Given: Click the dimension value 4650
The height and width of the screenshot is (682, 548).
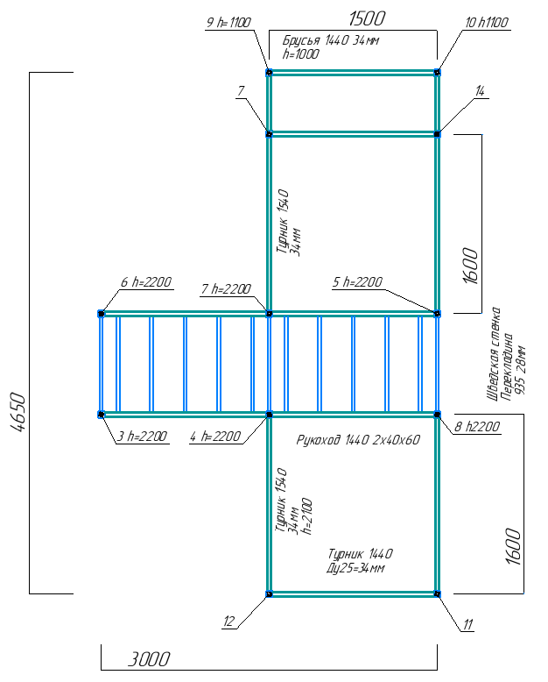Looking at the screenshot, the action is pos(18,412).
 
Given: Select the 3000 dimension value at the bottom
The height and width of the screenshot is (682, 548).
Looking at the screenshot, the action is pos(149,659).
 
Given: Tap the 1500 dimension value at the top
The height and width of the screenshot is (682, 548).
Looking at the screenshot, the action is pos(367,18).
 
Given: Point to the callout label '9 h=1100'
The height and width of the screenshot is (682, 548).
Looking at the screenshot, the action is pos(228,23).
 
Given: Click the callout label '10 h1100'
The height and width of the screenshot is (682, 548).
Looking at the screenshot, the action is pos(487,23).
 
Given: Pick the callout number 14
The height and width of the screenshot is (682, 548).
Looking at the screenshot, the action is pos(480,91).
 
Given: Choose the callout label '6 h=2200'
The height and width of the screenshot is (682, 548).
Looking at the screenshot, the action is pos(146,282).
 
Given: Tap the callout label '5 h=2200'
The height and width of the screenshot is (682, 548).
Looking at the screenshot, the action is pos(357,282).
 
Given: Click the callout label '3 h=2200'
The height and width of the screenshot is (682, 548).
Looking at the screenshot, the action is pos(142,436).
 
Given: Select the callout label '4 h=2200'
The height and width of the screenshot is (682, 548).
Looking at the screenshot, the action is pos(215,436).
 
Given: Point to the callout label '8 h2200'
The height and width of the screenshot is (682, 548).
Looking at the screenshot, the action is pos(477,427).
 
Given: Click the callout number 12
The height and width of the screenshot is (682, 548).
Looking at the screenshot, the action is pos(228,622).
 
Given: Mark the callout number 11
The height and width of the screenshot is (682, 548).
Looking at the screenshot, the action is pos(467,625).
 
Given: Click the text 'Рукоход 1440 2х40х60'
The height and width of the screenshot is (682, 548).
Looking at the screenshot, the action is pos(358,440).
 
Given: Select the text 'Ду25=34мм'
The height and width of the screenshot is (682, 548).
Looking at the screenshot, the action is pos(355,568).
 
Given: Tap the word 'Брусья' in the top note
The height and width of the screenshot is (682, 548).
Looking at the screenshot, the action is pos(301,40).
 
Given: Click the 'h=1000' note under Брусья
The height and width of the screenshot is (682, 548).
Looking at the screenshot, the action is pos(301,54).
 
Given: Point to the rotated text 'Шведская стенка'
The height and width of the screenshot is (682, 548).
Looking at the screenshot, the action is pos(493,354).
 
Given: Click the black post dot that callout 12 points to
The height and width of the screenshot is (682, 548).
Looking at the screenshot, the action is pos(269,593).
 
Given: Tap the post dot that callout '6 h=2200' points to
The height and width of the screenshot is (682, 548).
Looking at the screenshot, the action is pos(102,313).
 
